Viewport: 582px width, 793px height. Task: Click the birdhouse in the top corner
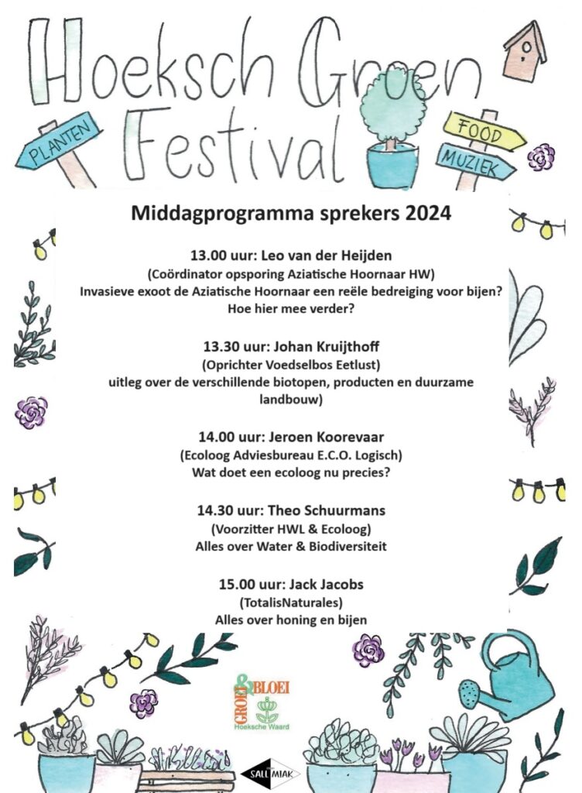coord(525,50)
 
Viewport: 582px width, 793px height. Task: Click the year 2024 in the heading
coord(426,213)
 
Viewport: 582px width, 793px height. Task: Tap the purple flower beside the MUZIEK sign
coord(541,157)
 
